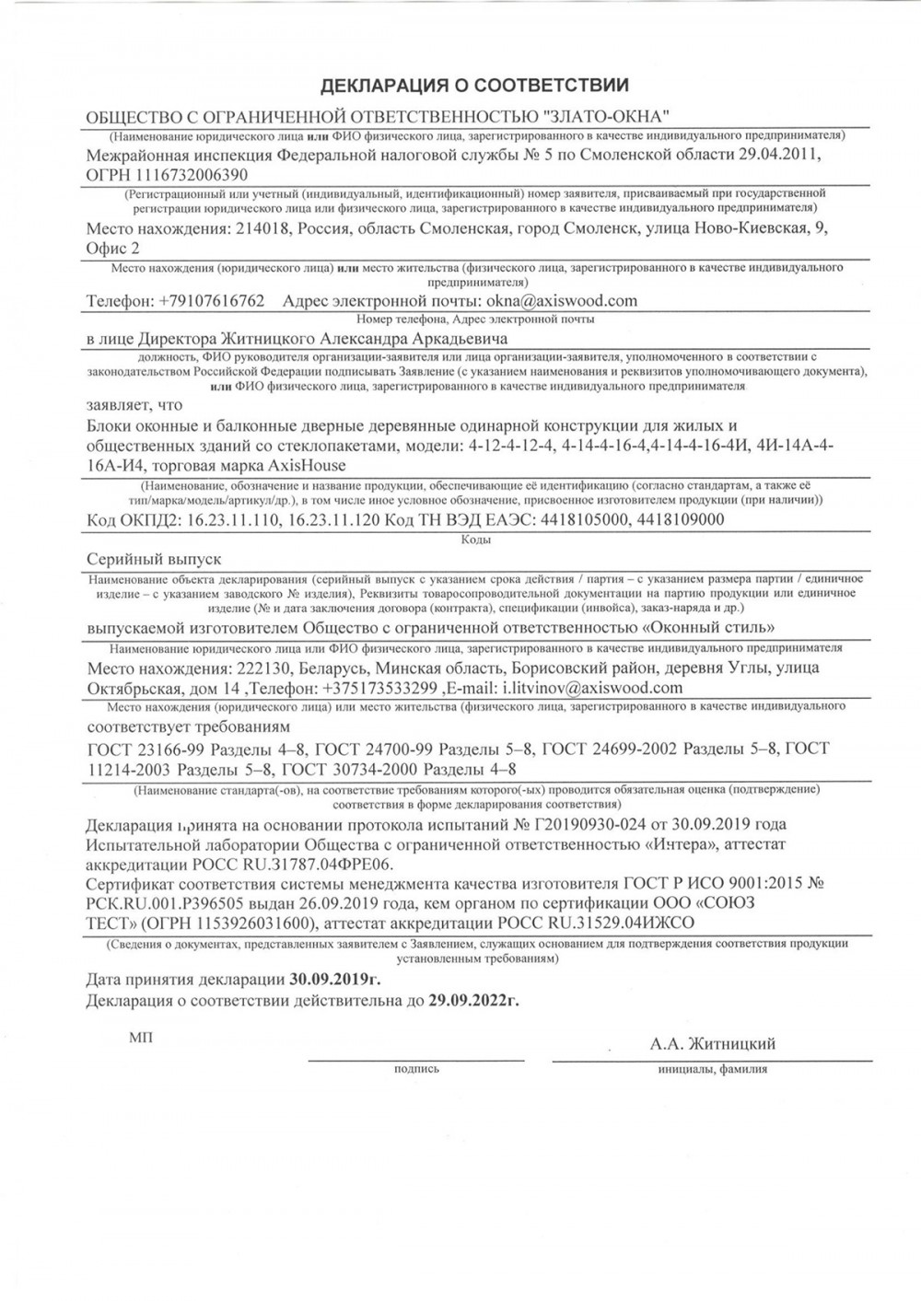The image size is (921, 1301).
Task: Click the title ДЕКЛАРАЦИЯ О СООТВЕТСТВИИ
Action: (474, 86)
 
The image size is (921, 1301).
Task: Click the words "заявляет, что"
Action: (134, 404)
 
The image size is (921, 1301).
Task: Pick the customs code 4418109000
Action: (680, 519)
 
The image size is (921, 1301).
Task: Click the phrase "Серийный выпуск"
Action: (154, 559)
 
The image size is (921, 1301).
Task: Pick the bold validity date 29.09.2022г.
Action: (473, 1000)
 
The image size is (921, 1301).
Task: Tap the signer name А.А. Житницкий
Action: (713, 1043)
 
